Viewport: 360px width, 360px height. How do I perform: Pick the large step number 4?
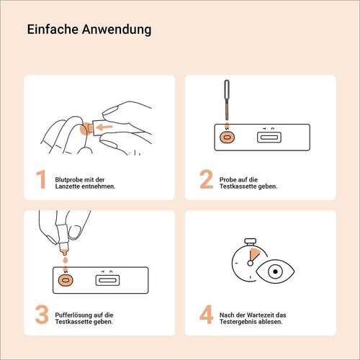point(206,315)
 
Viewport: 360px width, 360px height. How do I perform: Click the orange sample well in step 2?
point(227,137)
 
